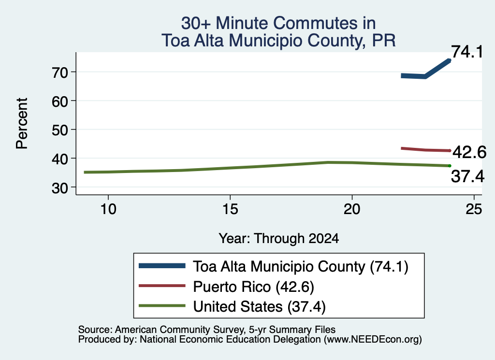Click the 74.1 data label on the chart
coord(467,52)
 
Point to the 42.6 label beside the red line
coord(469,152)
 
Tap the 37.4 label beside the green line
coord(467,176)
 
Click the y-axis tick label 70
coord(60,72)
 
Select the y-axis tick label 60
coord(60,101)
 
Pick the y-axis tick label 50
coord(60,130)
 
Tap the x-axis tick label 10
coord(108,209)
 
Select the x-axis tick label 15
coord(230,209)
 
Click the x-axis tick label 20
coord(352,209)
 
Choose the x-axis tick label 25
coord(474,209)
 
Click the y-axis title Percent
coord(22,123)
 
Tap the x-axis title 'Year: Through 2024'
coord(279,239)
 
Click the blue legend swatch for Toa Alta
coord(162,266)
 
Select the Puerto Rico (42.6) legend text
coord(253,287)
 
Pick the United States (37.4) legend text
coord(259,307)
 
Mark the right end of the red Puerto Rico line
coord(450,150)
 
